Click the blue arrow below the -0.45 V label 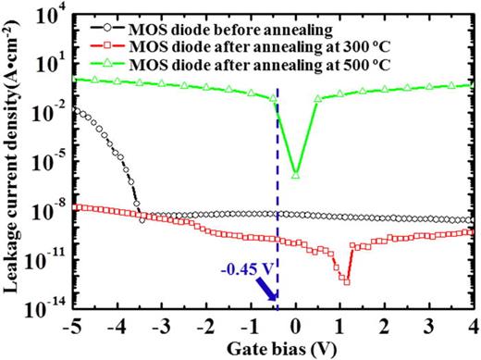pos(267,292)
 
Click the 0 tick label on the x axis pos(296,327)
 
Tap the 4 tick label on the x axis pos(473,327)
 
